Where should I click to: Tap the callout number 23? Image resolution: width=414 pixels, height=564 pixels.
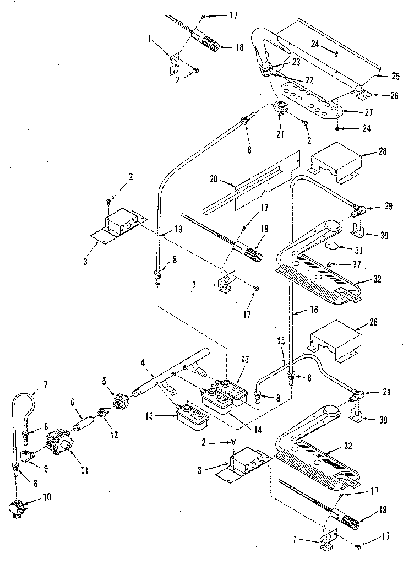point(296,62)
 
